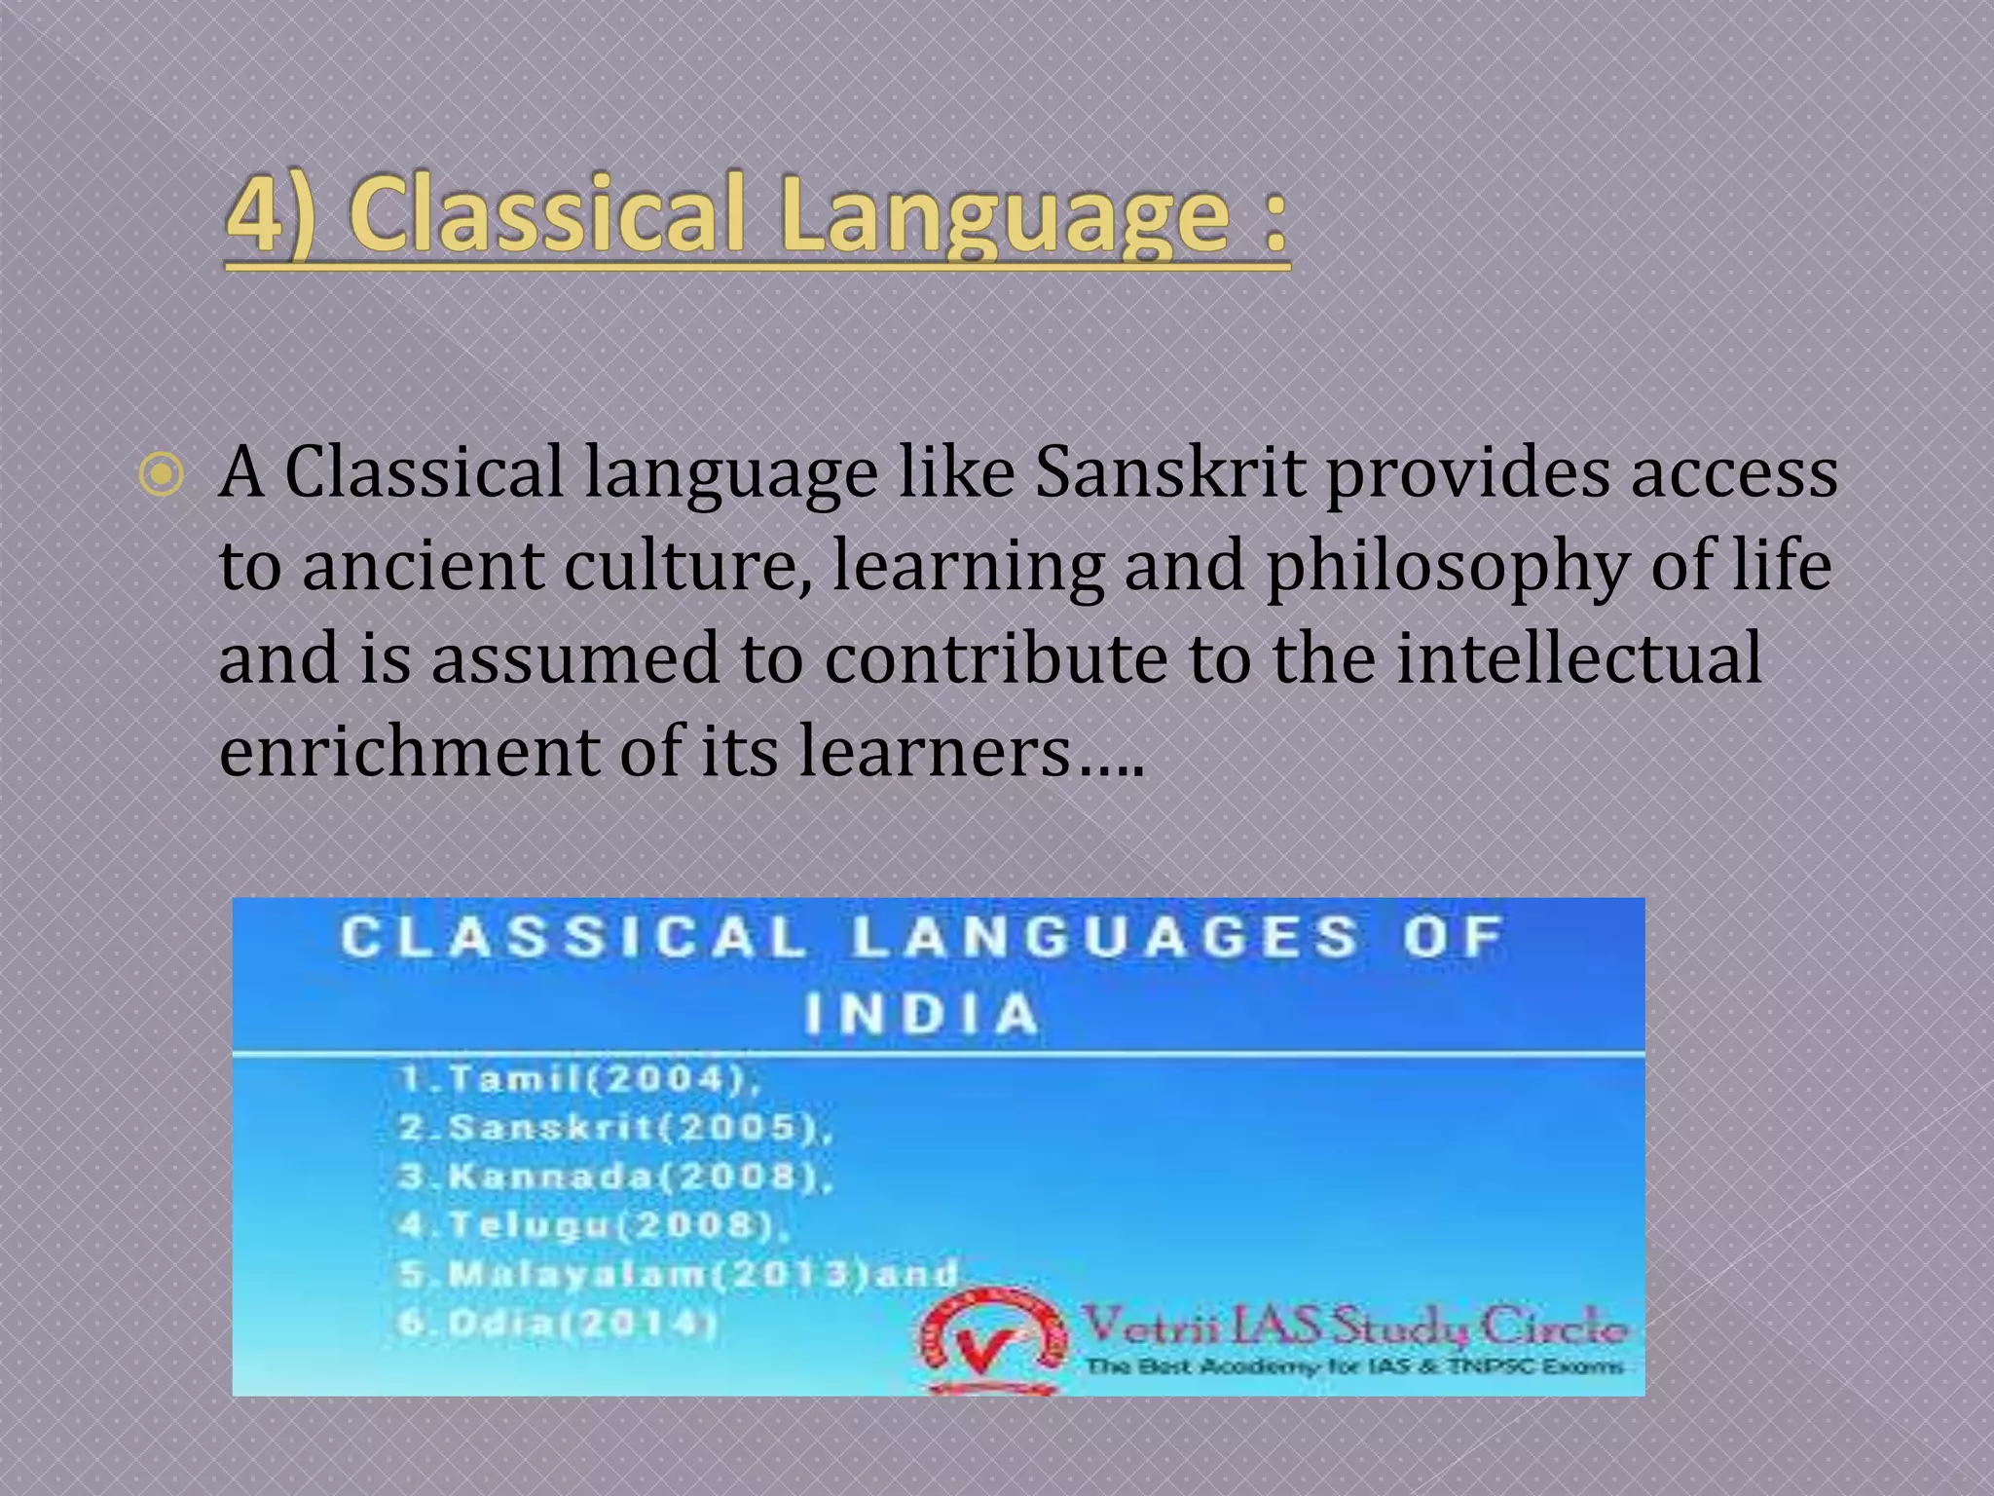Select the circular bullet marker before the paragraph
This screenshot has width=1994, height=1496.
point(161,475)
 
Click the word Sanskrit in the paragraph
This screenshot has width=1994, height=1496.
point(1169,473)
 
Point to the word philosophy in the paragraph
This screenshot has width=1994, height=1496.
point(1445,566)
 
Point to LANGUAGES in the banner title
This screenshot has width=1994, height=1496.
point(1105,937)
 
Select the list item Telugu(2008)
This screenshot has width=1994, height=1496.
point(594,1225)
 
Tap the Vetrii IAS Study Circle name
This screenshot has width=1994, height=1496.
point(1354,1327)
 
